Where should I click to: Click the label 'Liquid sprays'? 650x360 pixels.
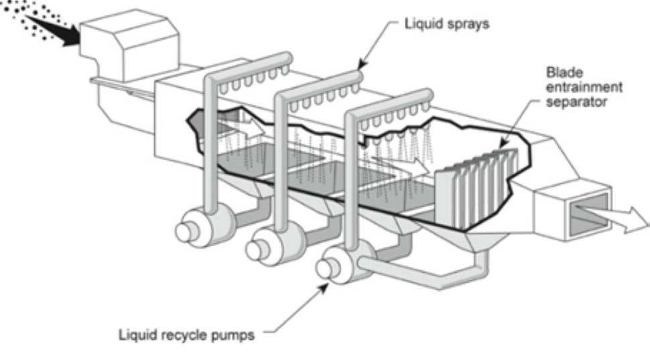pyautogui.click(x=446, y=25)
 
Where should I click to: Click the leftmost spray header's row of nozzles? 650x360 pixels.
pyautogui.click(x=254, y=82)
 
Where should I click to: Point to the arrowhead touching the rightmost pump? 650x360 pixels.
pyautogui.click(x=328, y=284)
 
